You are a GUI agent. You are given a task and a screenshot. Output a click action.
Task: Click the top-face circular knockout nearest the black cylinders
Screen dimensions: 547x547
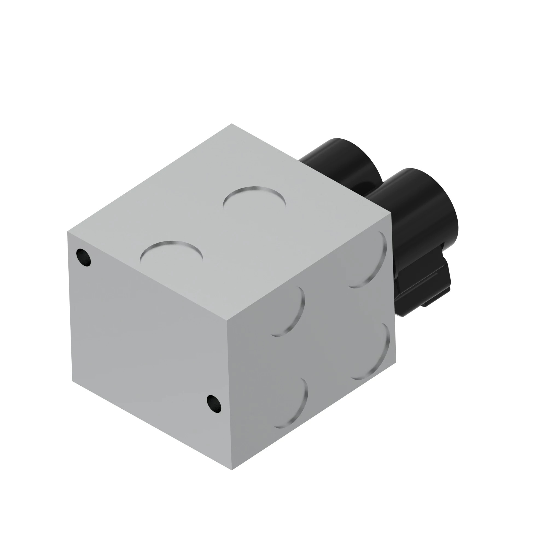254,199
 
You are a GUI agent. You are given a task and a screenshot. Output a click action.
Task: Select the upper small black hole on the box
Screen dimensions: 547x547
83,257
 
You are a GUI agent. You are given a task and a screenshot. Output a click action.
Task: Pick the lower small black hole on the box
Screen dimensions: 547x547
214,404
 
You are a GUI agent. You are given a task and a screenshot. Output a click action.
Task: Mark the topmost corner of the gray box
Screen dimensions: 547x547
232,124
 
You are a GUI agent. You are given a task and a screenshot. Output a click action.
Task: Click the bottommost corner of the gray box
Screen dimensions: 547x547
232,470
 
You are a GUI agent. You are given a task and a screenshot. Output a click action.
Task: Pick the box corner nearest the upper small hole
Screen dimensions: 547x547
67,232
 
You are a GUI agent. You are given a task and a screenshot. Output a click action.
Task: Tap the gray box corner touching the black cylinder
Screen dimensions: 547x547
391,214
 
